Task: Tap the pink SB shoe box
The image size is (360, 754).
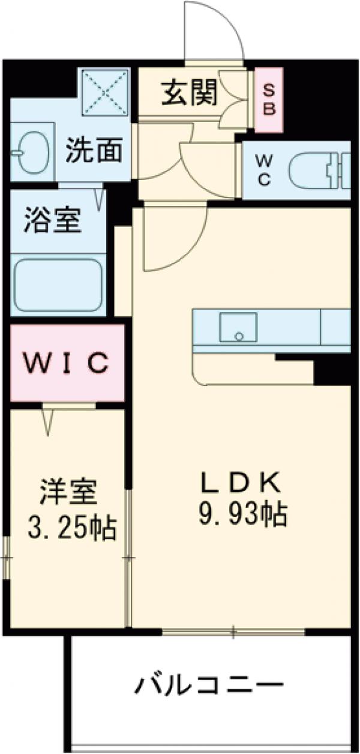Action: (x=269, y=99)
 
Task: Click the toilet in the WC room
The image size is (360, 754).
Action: (x=318, y=170)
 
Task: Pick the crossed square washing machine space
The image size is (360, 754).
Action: (x=106, y=92)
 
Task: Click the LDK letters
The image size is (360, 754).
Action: (x=240, y=481)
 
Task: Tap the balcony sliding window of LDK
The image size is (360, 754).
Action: (x=234, y=631)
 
